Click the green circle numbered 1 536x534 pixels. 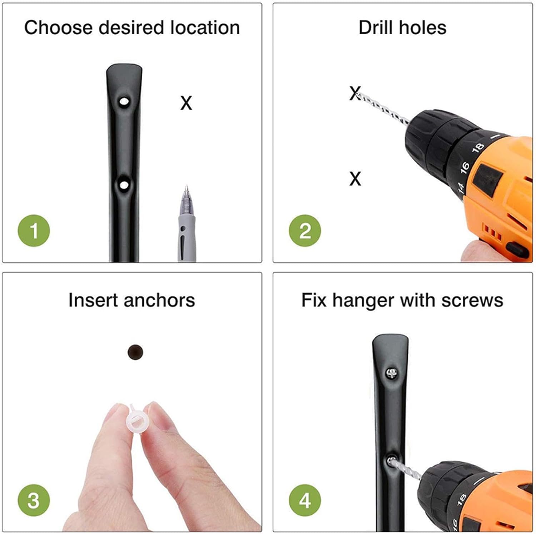(34, 231)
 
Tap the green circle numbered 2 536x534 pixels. (305, 231)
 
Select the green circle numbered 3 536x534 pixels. (34, 500)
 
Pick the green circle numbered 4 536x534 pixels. (305, 500)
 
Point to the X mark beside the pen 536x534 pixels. (186, 103)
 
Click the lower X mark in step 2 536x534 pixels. (355, 179)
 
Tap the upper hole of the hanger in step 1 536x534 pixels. (124, 101)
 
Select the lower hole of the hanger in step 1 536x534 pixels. (124, 185)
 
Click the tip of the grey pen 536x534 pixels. (186, 187)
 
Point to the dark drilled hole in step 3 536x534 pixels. (135, 352)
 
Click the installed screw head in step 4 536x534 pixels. (392, 374)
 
